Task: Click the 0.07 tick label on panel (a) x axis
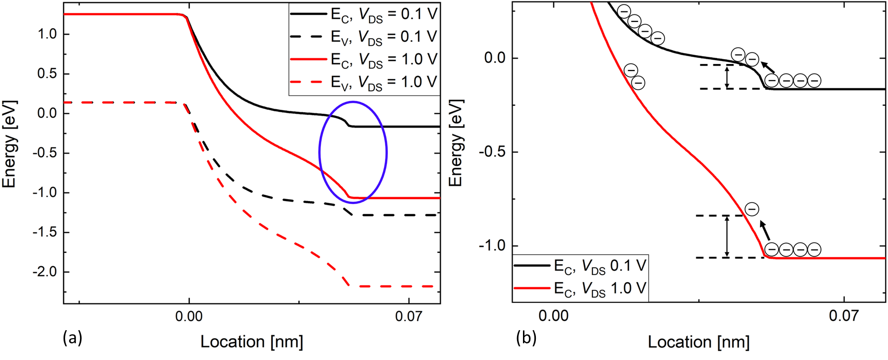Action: click(409, 316)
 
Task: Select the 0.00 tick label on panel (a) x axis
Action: click(189, 316)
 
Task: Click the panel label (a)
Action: click(73, 338)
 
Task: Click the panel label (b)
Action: click(526, 338)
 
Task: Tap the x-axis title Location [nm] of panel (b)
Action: click(698, 342)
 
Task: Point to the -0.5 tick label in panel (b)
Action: click(492, 152)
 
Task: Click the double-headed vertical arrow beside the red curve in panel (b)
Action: click(727, 236)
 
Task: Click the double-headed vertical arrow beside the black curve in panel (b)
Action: click(727, 77)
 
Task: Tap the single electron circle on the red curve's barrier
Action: click(752, 209)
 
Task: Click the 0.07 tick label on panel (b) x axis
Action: click(844, 316)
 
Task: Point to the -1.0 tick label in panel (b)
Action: click(492, 246)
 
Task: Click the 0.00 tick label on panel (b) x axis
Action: click(553, 316)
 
